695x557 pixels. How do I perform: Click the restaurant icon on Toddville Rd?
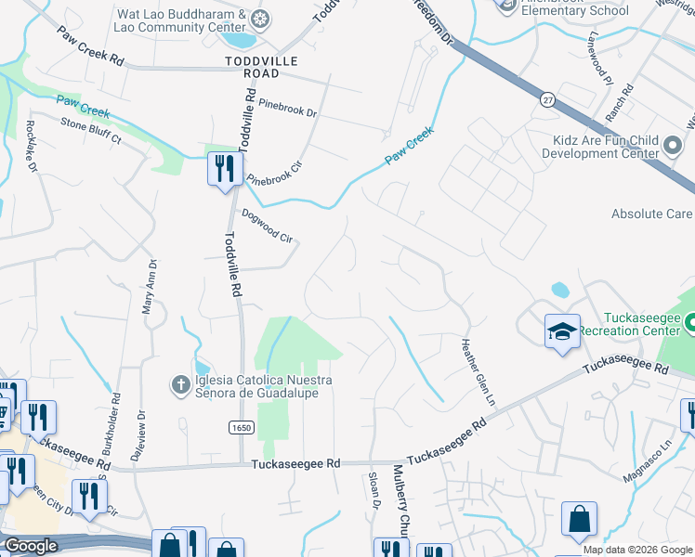pyautogui.click(x=224, y=169)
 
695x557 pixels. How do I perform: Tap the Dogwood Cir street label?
pyautogui.click(x=268, y=226)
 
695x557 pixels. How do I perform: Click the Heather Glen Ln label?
pyautogui.click(x=474, y=369)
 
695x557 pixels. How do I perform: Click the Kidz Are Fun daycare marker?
pyautogui.click(x=673, y=145)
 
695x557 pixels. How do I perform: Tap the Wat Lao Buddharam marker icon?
pyautogui.click(x=262, y=19)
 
